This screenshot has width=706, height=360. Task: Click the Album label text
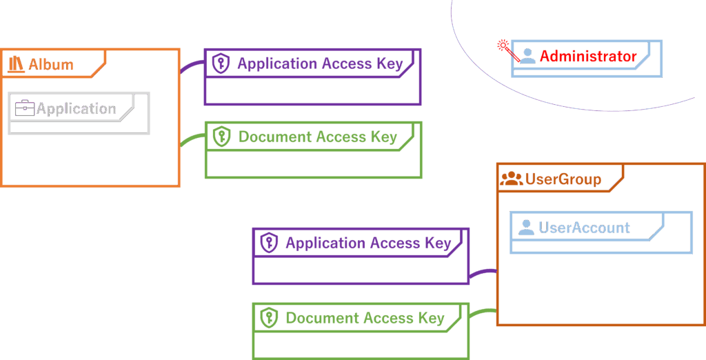click(x=51, y=65)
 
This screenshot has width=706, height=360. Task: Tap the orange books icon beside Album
click(x=16, y=65)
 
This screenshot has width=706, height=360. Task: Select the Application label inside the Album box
click(x=77, y=108)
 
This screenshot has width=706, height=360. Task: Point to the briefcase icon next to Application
click(x=25, y=108)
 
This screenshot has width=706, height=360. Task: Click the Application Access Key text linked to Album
click(x=320, y=64)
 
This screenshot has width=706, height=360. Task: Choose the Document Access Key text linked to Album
click(x=318, y=137)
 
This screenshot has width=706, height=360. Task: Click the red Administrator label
click(x=588, y=57)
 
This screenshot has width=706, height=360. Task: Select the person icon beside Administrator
click(x=527, y=56)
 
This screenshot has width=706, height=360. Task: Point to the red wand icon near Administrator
click(x=505, y=48)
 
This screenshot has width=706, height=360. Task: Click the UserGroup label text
click(x=563, y=179)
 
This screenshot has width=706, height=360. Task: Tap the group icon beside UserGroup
click(x=511, y=179)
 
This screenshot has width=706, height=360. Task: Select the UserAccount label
click(x=584, y=228)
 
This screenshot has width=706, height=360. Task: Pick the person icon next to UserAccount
click(x=526, y=227)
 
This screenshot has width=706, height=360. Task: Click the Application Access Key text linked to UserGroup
click(x=368, y=243)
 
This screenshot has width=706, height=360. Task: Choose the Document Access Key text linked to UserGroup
click(x=365, y=319)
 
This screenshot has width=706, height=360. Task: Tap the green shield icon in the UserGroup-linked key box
click(x=268, y=319)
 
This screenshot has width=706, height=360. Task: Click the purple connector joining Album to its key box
click(x=191, y=66)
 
